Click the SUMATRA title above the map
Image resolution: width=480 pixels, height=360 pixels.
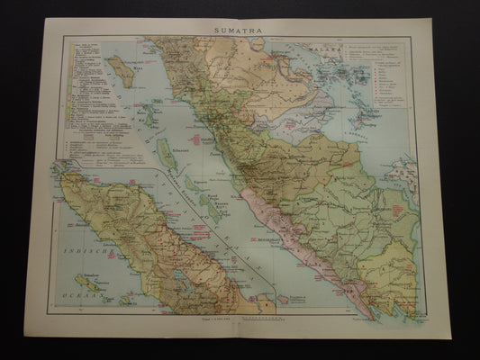coord(239,28)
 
